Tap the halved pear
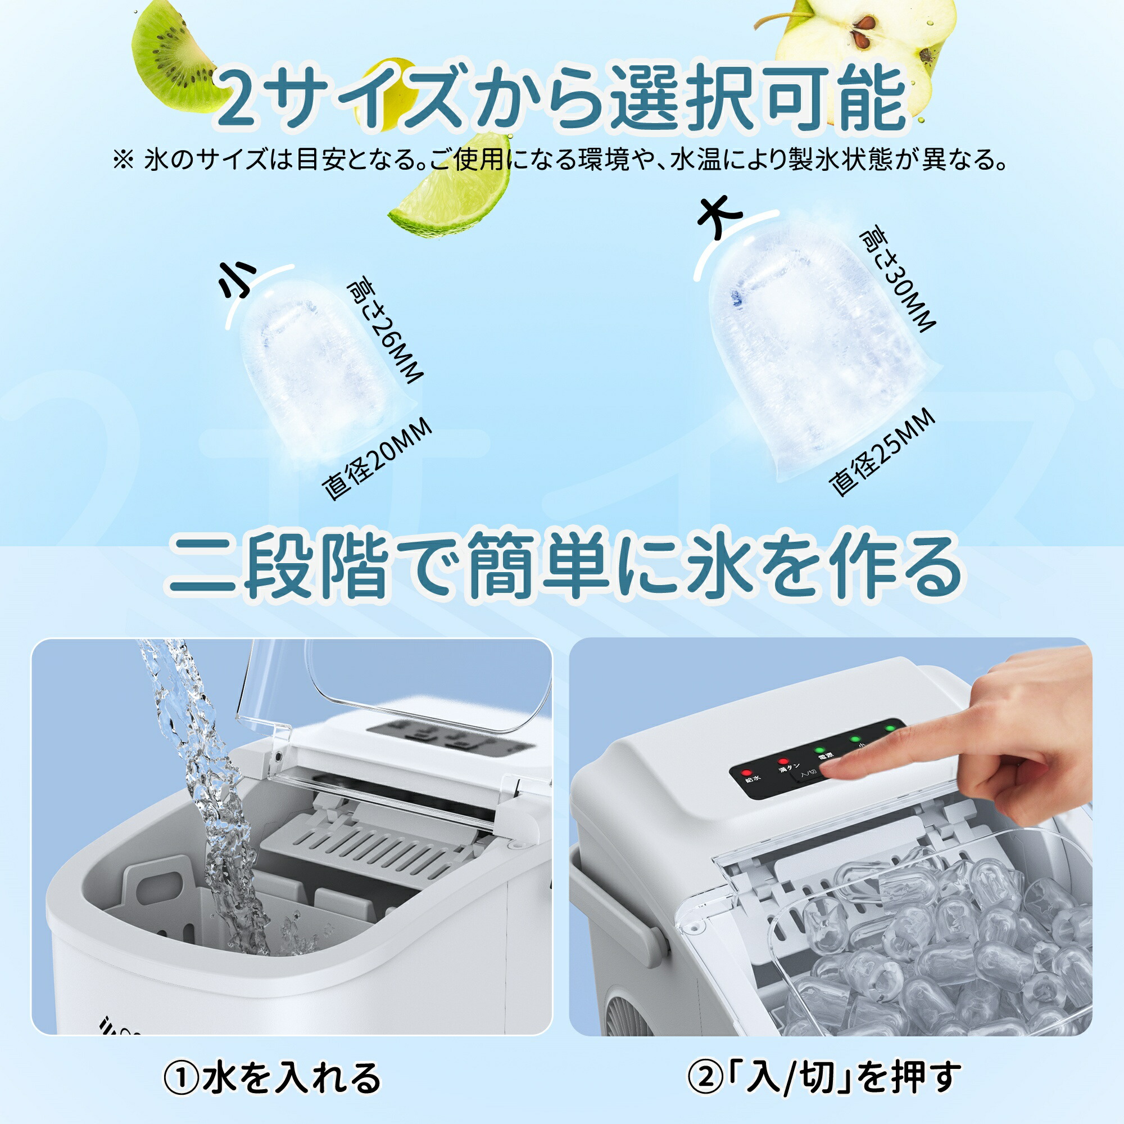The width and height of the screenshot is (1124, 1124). (873, 40)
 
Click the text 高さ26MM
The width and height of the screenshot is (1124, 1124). (384, 332)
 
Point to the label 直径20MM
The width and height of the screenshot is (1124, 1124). (378, 459)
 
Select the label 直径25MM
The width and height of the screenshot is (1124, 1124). (882, 454)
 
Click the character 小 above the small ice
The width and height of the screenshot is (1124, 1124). (237, 279)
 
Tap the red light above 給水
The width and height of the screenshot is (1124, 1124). (746, 774)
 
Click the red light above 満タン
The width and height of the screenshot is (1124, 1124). (783, 762)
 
